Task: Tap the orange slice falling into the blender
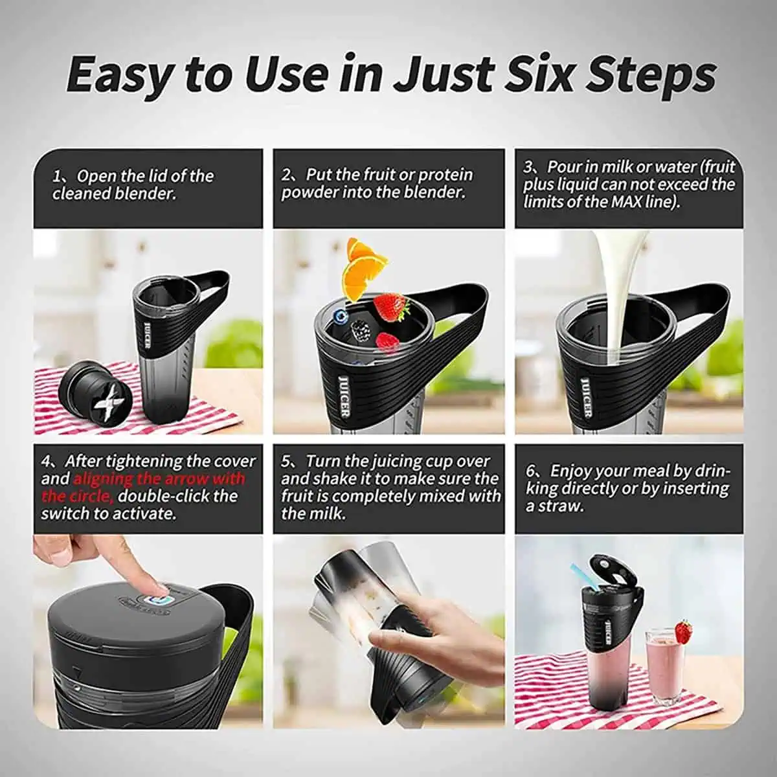363,267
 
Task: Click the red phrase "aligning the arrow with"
159,479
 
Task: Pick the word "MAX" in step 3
627,201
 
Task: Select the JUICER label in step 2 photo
344,396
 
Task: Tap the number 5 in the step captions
286,462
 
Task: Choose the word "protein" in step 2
446,175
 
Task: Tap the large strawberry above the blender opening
392,307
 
